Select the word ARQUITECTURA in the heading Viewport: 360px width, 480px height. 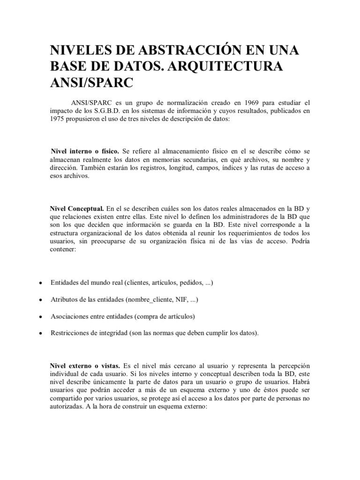(227, 66)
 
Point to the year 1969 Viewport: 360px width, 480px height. (239, 102)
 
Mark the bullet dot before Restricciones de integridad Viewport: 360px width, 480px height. (41, 333)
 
